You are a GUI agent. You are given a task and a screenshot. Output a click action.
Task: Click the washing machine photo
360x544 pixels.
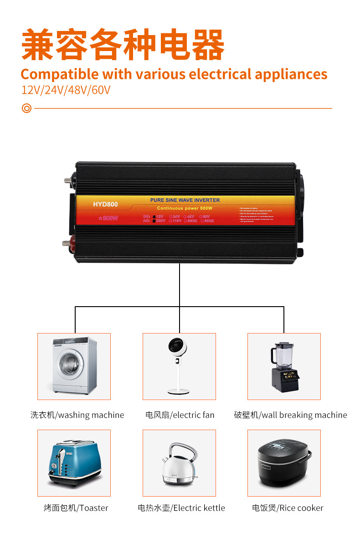(x=74, y=366)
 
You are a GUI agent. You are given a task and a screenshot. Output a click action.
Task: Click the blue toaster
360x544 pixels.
(x=74, y=462)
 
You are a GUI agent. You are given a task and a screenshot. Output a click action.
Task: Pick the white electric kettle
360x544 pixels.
(x=179, y=463)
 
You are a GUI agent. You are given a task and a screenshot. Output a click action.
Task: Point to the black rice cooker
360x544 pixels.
(x=284, y=463)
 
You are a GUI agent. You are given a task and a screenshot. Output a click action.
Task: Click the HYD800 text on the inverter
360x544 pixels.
(x=105, y=205)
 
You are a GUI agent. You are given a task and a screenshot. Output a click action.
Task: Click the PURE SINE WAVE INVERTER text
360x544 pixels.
(x=185, y=200)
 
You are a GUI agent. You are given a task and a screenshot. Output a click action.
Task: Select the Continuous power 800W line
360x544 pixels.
(x=185, y=208)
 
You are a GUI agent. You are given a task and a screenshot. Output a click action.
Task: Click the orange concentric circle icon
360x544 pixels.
(x=26, y=108)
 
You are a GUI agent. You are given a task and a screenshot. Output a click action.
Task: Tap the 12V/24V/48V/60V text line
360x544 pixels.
(x=66, y=90)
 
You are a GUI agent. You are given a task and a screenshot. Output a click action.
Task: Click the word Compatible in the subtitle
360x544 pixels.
(x=59, y=74)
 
